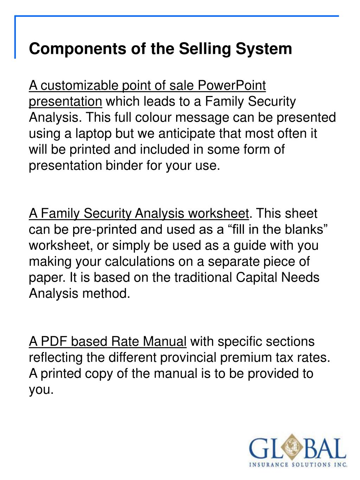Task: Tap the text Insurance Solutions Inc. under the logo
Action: pos(298,465)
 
